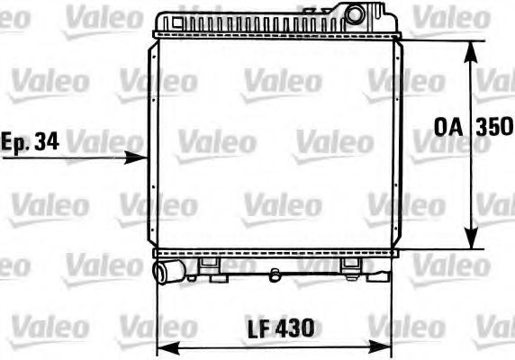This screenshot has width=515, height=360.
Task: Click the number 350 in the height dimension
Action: [x=494, y=127]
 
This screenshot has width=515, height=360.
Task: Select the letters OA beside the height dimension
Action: [x=448, y=127]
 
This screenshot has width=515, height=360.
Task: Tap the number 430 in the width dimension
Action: [x=294, y=328]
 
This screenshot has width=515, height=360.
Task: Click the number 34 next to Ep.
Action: [x=47, y=141]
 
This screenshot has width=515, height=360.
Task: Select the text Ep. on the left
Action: [x=15, y=143]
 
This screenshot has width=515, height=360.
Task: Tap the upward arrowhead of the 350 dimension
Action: [x=471, y=52]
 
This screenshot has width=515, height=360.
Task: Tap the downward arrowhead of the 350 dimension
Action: [x=472, y=238]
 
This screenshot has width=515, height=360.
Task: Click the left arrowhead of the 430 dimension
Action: [x=169, y=348]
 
